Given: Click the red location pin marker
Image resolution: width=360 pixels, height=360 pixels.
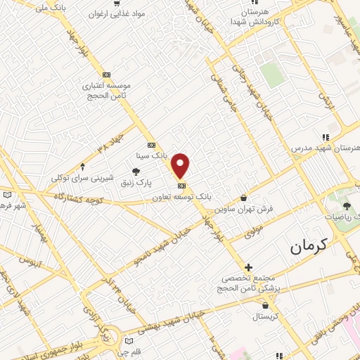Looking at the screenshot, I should pos(181,165).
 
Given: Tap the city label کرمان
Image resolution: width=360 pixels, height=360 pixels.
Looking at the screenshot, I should pos(309,246).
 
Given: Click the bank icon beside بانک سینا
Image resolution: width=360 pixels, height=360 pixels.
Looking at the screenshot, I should pos(151,145).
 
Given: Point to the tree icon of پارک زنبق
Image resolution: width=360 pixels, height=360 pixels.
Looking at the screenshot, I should pos(136,172).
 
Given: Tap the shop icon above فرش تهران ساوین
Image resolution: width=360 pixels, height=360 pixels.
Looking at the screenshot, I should pos(244,198).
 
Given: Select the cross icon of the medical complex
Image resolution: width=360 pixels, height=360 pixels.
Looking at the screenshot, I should pos(248,267).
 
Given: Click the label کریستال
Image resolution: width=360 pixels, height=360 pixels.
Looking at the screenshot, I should pos(266,317).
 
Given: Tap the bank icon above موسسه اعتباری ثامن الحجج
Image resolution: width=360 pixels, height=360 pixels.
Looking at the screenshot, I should pos(106,75).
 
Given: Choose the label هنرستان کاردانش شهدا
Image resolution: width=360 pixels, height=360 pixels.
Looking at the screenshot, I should pos(255,18).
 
